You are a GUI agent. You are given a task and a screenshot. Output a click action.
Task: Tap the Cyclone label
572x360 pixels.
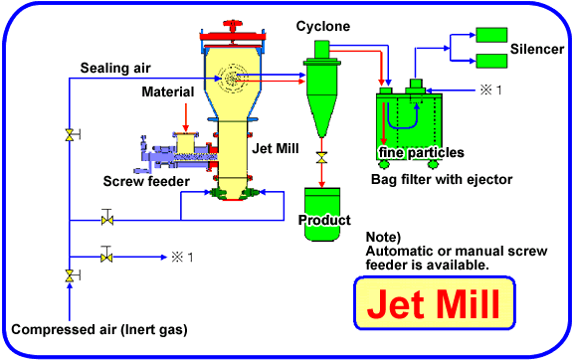tap(323, 26)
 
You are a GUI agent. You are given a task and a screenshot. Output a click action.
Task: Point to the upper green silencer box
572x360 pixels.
tap(490, 33)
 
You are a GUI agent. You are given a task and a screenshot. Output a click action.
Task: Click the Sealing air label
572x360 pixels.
tap(114, 67)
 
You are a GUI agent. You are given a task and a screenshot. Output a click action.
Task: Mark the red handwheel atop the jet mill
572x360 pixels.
tap(236, 23)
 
